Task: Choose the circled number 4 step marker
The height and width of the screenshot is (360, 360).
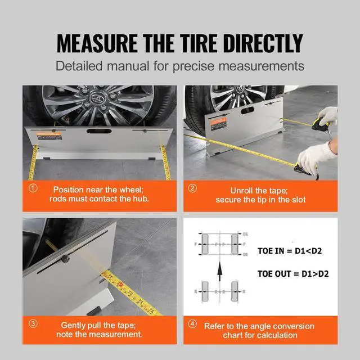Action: tap(193, 324)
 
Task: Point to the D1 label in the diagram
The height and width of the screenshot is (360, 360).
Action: tap(246, 232)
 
